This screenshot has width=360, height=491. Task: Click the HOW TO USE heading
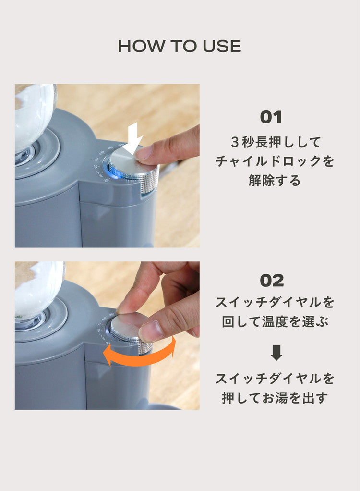pos(180,46)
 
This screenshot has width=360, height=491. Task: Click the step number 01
pos(271,117)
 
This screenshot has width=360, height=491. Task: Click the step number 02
pos(272,281)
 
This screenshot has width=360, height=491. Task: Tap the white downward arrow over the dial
pos(133,136)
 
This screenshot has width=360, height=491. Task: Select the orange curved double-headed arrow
pos(140,355)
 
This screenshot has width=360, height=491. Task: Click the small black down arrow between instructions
pos(276,353)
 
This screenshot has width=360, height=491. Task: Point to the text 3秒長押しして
pos(275,142)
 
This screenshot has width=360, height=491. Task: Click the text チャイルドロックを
pos(275,161)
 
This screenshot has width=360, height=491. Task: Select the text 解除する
pos(275,181)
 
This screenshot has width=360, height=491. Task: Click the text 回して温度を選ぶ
pos(275,321)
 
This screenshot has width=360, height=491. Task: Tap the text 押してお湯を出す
pos(275,398)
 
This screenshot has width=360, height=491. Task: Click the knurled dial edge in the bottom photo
pos(144,347)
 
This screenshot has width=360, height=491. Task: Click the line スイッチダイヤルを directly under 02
pos(275,302)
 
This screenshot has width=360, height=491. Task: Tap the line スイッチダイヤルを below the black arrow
pos(275,379)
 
